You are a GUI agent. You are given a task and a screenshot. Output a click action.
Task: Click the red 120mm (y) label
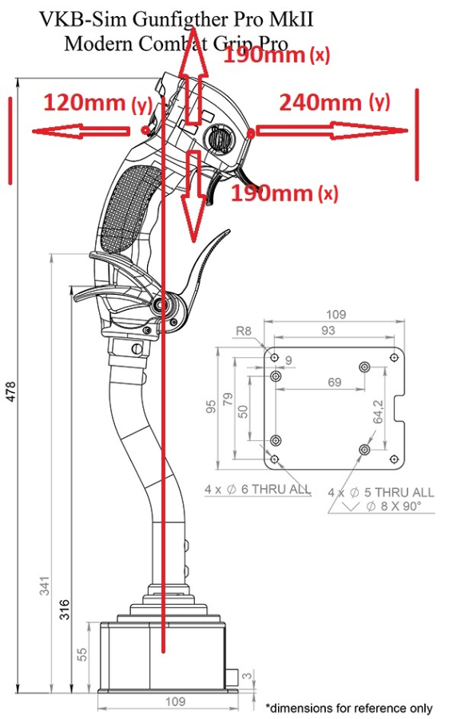click(97, 103)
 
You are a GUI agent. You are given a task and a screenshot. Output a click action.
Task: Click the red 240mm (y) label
click(335, 102)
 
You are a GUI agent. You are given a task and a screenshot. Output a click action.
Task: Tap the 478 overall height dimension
click(10, 391)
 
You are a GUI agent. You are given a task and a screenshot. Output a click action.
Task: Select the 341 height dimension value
click(45, 586)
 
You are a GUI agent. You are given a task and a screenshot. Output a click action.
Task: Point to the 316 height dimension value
click(65, 610)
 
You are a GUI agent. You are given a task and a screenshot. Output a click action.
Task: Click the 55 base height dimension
click(81, 653)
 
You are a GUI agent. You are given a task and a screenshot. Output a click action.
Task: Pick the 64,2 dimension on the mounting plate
click(378, 411)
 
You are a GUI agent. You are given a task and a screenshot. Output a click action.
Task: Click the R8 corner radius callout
click(244, 331)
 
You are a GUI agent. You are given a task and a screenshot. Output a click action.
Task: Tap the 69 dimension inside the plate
click(334, 382)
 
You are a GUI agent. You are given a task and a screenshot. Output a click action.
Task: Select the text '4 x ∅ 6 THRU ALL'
click(257, 489)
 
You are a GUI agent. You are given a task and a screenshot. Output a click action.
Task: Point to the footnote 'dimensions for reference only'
click(351, 709)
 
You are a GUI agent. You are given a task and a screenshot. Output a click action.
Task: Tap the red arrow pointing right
click(331, 131)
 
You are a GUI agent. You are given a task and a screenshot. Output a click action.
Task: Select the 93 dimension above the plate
click(328, 330)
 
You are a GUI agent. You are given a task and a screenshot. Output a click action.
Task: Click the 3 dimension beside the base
click(247, 675)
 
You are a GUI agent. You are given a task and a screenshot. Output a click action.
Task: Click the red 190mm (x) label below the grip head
click(284, 193)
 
